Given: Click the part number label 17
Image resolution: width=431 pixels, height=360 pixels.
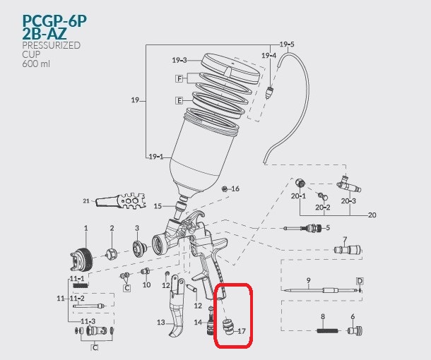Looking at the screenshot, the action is point(242,331).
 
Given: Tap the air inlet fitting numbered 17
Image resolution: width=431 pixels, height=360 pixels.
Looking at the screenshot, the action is point(228,327).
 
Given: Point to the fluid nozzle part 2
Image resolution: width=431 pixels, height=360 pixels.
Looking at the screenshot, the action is point(112,254).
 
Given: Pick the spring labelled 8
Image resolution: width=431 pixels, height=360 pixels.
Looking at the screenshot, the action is point(329,331).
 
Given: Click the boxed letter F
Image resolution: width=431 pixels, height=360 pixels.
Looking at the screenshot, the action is point(179,79).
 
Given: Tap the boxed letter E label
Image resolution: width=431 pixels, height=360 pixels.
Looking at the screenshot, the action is point(179,100).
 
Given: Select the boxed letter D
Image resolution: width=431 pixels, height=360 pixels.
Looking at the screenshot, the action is point(360,281).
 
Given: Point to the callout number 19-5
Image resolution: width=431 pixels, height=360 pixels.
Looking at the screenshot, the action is point(287,44).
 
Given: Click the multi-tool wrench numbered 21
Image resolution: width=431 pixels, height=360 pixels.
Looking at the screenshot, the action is point(121,201).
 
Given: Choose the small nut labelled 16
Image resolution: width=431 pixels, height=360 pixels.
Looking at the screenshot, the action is point(225,189).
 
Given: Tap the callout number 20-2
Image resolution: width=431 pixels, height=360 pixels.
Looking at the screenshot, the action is point(323,208).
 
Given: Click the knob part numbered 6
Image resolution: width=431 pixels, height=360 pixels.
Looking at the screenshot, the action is point(355,330).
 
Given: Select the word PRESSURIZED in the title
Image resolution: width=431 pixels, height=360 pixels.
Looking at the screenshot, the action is point(52,45).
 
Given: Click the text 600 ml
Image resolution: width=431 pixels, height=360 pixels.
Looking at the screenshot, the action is point(36,64).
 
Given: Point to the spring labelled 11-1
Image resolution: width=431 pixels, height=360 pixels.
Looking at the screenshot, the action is point(81,286).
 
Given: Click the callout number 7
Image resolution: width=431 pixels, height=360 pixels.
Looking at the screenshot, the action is point(345,240).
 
